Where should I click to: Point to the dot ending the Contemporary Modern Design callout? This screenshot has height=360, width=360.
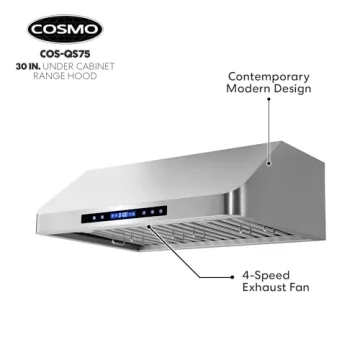pyautogui.click(x=269, y=159)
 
